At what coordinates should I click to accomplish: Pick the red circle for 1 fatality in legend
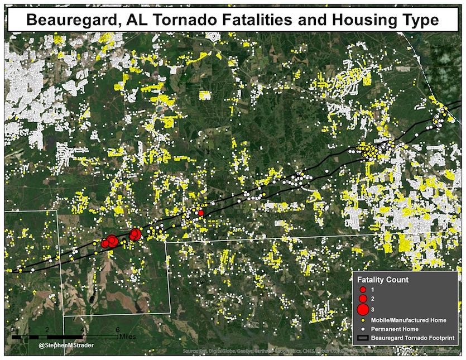point(363,290)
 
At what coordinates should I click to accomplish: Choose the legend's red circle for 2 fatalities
point(363,299)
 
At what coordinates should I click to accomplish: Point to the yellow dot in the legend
point(363,320)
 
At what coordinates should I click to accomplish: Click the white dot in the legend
point(363,329)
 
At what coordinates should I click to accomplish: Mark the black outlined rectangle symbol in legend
point(363,338)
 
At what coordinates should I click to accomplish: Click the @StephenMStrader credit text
point(66,346)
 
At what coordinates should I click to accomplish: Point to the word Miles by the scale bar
point(127,337)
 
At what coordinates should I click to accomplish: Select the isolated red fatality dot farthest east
point(201,213)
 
